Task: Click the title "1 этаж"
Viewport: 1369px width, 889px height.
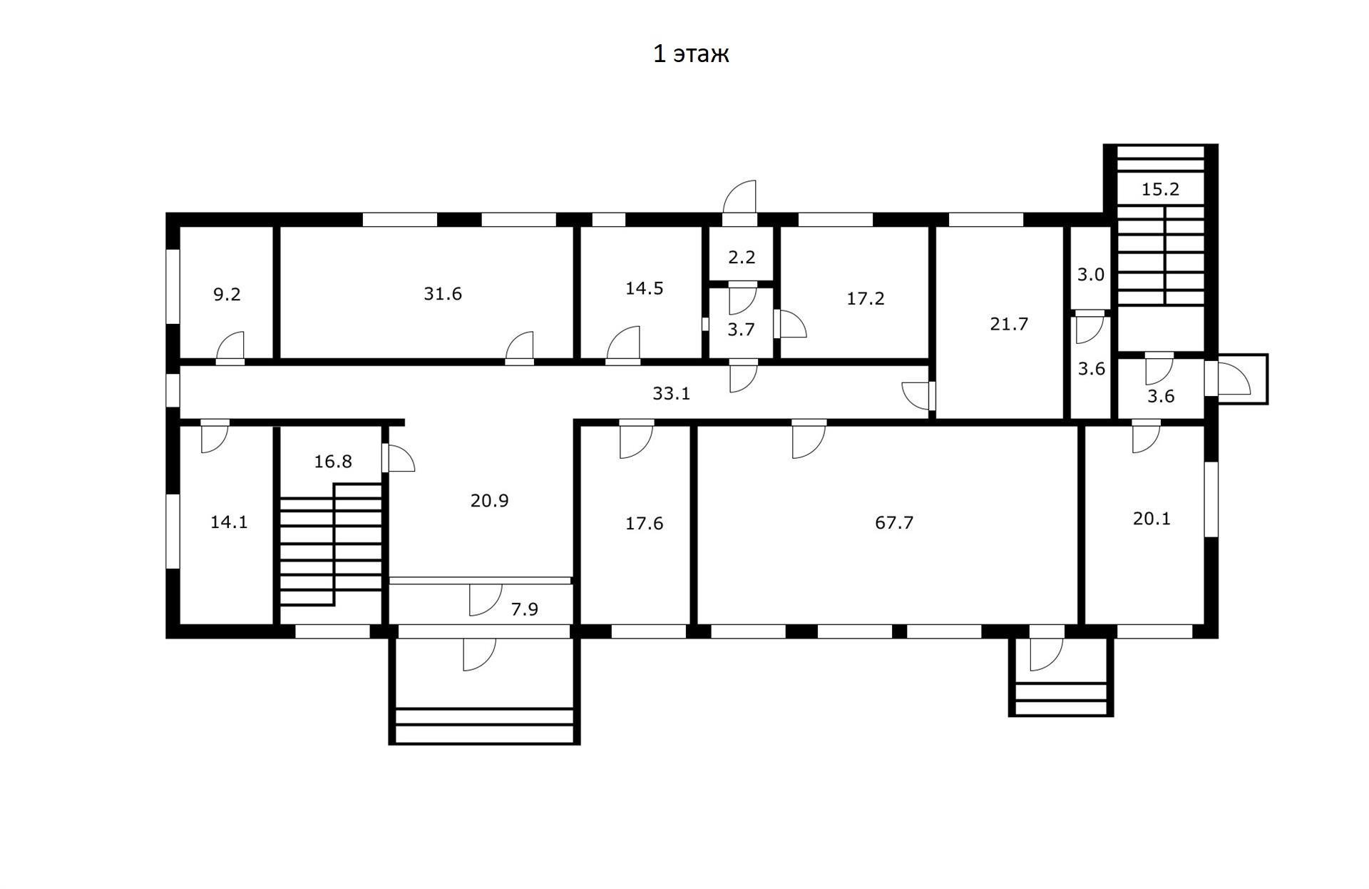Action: [691, 54]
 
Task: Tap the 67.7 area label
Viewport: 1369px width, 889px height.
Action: [893, 523]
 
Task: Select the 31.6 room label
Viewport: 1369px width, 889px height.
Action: [443, 294]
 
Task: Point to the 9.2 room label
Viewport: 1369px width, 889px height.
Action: [227, 295]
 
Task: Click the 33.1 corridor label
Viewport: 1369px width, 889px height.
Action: [671, 393]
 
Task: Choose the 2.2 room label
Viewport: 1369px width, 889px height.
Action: [742, 258]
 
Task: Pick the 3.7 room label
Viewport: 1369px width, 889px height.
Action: [741, 330]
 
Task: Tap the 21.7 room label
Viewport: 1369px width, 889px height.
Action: [1009, 325]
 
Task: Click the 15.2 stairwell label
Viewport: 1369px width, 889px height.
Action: [1160, 190]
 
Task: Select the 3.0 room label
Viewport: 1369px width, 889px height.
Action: [1090, 275]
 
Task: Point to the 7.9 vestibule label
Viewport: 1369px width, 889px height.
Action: [524, 609]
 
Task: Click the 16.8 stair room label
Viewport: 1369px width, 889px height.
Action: [333, 462]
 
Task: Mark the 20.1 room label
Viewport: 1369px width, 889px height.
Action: [1152, 519]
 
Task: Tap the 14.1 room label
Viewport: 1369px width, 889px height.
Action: [229, 522]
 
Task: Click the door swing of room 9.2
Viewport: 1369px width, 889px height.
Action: [231, 348]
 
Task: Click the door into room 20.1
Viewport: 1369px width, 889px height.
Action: [1145, 437]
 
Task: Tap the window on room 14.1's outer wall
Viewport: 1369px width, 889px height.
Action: [172, 531]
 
